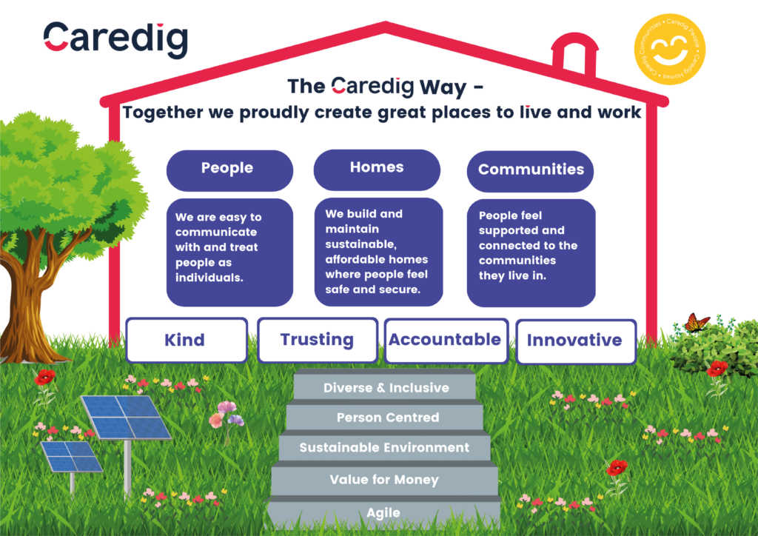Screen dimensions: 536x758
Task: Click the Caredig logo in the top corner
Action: pyautogui.click(x=115, y=39)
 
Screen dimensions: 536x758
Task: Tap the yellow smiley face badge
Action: pyautogui.click(x=669, y=53)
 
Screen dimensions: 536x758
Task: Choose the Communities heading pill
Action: pyautogui.click(x=531, y=170)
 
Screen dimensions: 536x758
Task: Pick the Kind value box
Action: pyautogui.click(x=186, y=341)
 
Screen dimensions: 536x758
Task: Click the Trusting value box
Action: pyautogui.click(x=317, y=341)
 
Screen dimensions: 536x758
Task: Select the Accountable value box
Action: pyautogui.click(x=446, y=341)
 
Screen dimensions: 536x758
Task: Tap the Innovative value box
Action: pyautogui.click(x=575, y=341)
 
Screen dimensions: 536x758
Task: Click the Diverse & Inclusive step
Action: pyautogui.click(x=386, y=387)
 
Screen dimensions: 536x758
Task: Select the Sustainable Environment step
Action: pyautogui.click(x=384, y=448)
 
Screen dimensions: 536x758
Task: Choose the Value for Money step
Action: pyautogui.click(x=384, y=480)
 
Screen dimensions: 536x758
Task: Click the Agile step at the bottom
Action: pyautogui.click(x=383, y=512)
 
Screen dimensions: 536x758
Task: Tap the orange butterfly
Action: pyautogui.click(x=696, y=323)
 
